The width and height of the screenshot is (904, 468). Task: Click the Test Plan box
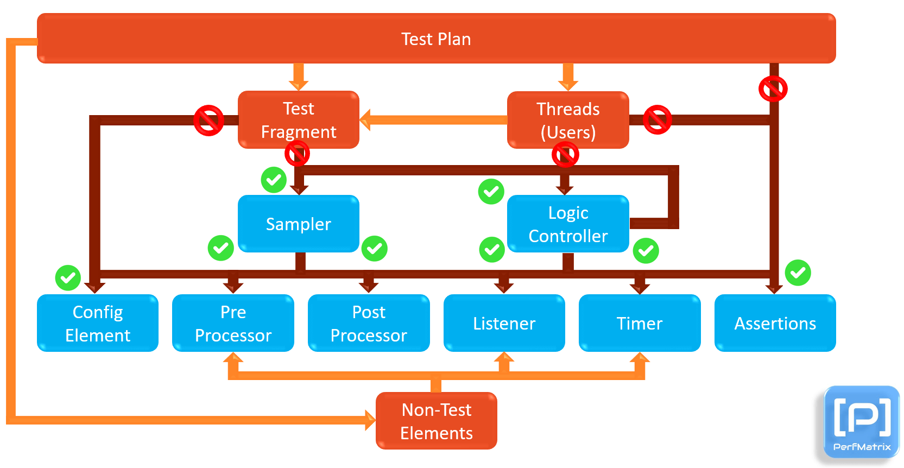436,39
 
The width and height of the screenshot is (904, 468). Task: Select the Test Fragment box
298,120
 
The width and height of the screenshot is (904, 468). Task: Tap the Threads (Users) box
568,120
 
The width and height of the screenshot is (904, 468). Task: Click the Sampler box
298,224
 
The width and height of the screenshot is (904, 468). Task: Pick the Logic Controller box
568,224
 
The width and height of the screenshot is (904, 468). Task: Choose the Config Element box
98,323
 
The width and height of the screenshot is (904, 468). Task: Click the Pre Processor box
233,323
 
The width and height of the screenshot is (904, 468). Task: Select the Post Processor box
369,323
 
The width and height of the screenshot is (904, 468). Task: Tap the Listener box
504,323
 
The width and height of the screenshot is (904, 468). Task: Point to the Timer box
640,323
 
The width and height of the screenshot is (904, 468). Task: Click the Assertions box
775,323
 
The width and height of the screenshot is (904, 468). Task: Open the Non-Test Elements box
436,421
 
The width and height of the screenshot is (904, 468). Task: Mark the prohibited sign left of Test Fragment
209,120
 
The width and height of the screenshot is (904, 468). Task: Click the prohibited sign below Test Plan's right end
773,88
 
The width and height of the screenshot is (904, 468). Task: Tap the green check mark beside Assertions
798,273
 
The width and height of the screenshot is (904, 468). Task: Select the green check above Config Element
68,278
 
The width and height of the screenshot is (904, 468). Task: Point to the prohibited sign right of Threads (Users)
657,120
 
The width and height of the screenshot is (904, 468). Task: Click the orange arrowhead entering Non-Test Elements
370,420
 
